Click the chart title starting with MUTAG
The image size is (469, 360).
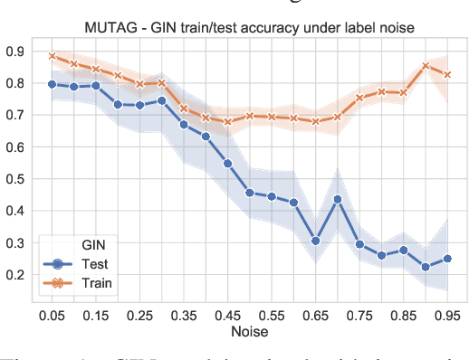pos(247,28)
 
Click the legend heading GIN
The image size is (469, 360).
pos(81,245)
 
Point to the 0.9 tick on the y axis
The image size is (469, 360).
pos(14,51)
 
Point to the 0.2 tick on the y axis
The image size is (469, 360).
pos(14,275)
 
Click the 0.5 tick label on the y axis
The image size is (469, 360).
pos(14,179)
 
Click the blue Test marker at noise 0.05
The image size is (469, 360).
pos(52,84)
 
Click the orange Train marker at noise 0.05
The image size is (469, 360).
pos(52,56)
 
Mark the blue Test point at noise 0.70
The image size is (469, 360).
pos(337,199)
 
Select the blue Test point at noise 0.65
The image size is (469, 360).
pos(314,241)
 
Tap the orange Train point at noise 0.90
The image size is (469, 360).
pos(425,65)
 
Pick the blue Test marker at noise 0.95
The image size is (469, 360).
pos(446,259)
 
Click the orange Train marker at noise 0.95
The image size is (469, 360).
pos(446,74)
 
